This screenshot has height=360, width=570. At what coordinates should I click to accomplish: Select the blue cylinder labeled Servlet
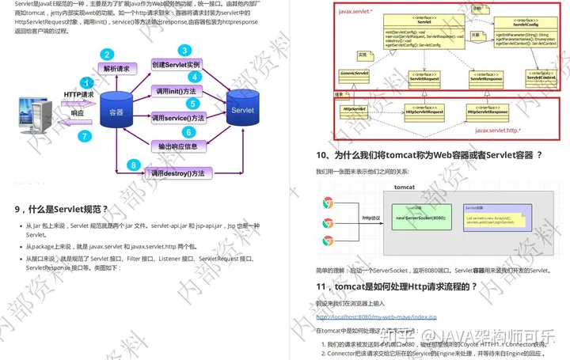242,111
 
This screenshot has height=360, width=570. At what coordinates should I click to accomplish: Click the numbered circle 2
106,55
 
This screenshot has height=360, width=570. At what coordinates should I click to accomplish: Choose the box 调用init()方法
175,92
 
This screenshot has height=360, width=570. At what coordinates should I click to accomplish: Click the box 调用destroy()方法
177,172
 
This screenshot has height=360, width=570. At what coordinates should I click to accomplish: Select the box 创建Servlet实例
176,64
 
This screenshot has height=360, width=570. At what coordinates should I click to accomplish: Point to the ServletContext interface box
541,76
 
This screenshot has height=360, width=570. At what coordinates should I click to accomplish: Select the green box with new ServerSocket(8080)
410,217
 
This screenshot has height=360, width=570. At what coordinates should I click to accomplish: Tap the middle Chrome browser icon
327,221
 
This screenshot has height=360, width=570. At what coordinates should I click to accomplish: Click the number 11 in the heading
321,286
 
